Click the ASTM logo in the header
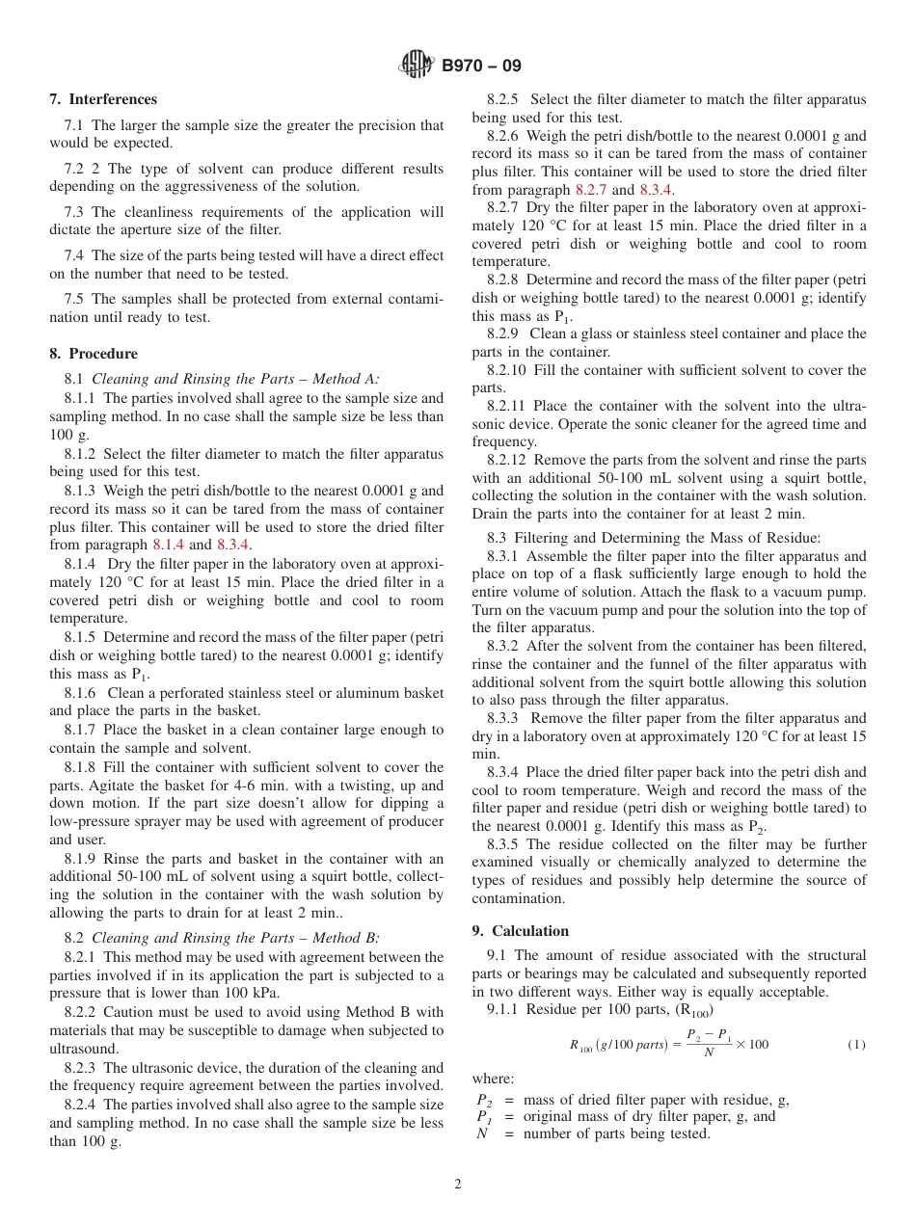(x=417, y=67)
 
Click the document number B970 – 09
(x=481, y=67)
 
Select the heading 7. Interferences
(x=103, y=99)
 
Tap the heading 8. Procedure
(x=94, y=354)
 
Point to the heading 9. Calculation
(x=521, y=931)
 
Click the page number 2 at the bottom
(x=458, y=1185)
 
